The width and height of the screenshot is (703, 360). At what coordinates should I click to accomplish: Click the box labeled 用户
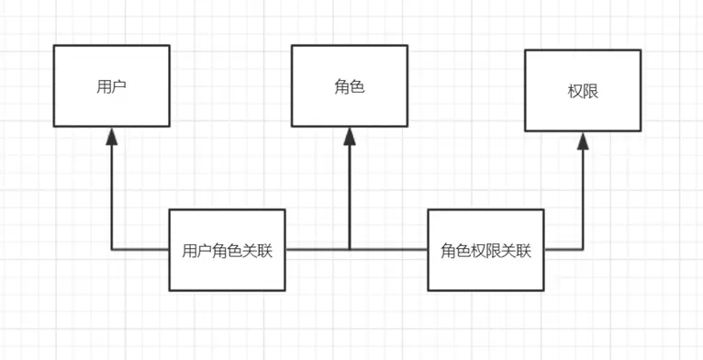click(x=111, y=87)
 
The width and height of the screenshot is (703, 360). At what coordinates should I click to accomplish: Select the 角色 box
click(x=350, y=87)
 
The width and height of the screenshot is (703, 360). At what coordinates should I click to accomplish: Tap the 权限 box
click(x=583, y=92)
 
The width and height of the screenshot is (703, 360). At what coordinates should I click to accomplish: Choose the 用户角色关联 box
click(x=228, y=250)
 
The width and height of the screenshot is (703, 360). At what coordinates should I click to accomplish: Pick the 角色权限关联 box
click(x=485, y=250)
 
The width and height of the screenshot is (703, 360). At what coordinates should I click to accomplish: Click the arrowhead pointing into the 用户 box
click(x=111, y=137)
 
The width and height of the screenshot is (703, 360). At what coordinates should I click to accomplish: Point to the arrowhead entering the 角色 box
click(x=350, y=137)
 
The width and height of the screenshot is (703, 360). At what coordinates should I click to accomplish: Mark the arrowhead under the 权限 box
click(x=583, y=141)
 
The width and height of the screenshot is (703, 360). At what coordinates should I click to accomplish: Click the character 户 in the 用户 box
click(x=118, y=87)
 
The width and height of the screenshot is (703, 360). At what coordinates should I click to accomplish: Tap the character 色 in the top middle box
click(x=358, y=87)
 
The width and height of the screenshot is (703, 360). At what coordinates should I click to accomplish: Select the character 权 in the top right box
click(x=575, y=93)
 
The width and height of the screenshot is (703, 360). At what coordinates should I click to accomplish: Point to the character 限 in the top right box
click(x=591, y=93)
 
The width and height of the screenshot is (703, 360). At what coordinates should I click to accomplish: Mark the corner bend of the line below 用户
click(x=111, y=249)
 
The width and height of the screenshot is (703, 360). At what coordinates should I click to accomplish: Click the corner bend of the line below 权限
click(x=583, y=249)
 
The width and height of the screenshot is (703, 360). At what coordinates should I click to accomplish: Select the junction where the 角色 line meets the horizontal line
click(x=350, y=249)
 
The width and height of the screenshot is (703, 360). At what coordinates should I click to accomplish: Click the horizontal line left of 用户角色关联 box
click(x=140, y=249)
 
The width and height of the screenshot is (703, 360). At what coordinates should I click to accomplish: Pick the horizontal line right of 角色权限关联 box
click(x=563, y=249)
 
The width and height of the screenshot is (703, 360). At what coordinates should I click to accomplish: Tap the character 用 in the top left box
click(x=104, y=87)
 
